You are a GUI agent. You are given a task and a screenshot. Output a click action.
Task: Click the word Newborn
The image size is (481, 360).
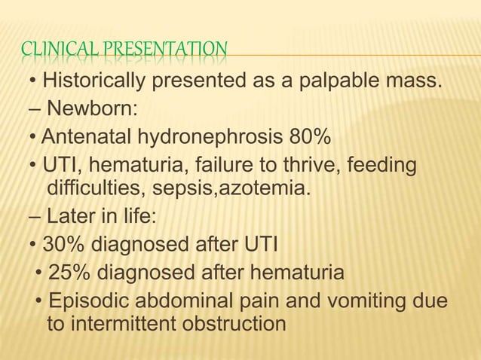point(90,109)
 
